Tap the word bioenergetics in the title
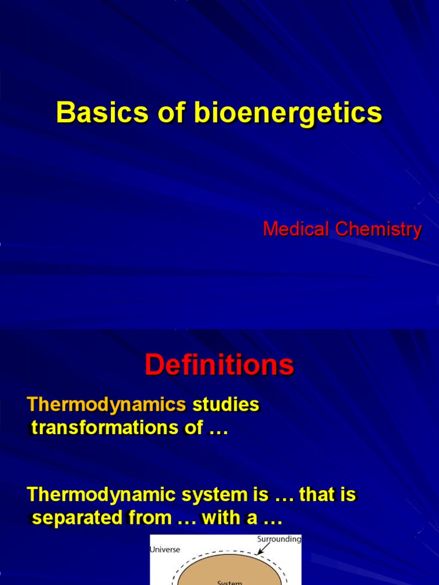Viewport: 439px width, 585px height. click(x=288, y=113)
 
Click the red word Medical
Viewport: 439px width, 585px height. click(x=296, y=230)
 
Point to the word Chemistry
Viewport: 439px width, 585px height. click(x=378, y=230)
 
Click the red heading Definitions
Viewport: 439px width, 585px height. click(x=219, y=365)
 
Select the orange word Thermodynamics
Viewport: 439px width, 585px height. click(x=107, y=405)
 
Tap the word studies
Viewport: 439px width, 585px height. click(x=226, y=405)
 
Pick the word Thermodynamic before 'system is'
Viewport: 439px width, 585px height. click(x=103, y=495)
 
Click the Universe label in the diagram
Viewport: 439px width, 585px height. click(x=165, y=550)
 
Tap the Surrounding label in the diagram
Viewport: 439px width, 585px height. click(x=279, y=539)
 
